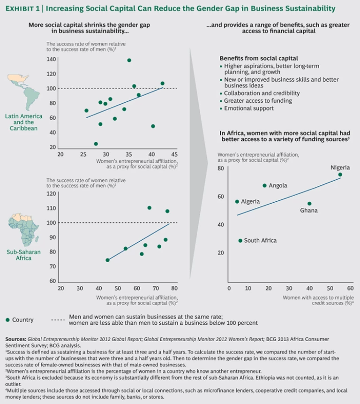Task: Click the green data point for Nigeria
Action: (340, 175)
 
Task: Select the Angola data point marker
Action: (265, 185)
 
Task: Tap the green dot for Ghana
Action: (309, 204)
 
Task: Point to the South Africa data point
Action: (240, 240)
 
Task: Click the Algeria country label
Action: (250, 201)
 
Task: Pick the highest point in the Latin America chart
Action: (129, 60)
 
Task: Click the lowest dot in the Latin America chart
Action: (96, 144)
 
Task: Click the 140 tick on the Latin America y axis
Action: (51, 59)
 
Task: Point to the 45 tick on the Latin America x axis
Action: (174, 154)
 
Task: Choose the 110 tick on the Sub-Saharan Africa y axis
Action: (51, 208)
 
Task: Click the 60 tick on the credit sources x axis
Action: (350, 289)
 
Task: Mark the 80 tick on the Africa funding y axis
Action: (220, 168)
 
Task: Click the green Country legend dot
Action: (7, 320)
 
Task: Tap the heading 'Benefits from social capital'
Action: (259, 58)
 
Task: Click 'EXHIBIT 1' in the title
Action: (23, 8)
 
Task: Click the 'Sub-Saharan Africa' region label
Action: (23, 255)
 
